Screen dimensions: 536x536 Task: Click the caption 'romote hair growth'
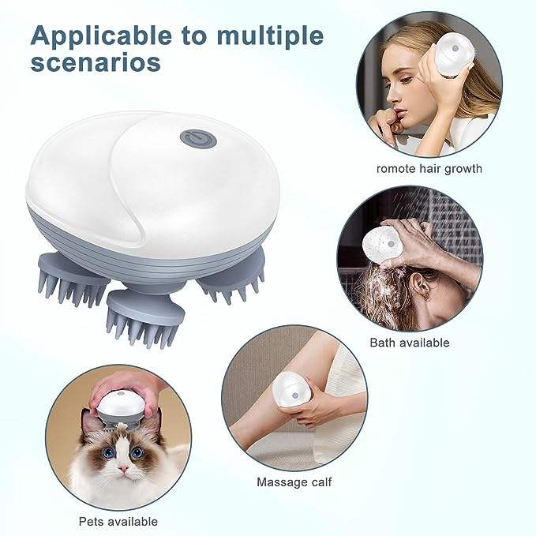point(429,168)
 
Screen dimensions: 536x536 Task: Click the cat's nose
point(123,468)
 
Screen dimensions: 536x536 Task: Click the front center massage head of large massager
point(141,316)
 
